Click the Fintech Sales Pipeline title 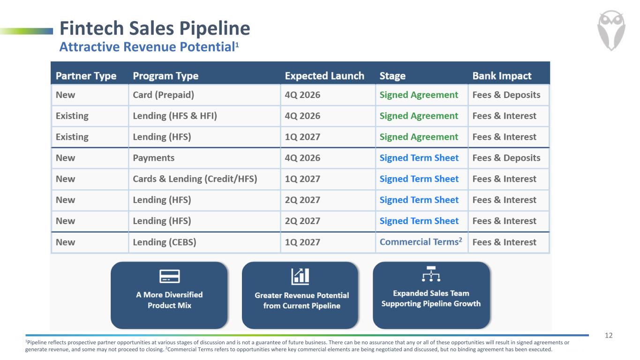click(155, 28)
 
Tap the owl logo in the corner click(611, 30)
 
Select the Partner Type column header click(86, 76)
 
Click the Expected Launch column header click(324, 76)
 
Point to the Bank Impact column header click(502, 76)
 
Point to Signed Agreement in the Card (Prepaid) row click(419, 95)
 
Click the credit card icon click(169, 276)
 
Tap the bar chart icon click(300, 276)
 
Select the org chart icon click(431, 274)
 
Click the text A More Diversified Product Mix click(169, 300)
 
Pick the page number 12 click(609, 336)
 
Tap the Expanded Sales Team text click(431, 293)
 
